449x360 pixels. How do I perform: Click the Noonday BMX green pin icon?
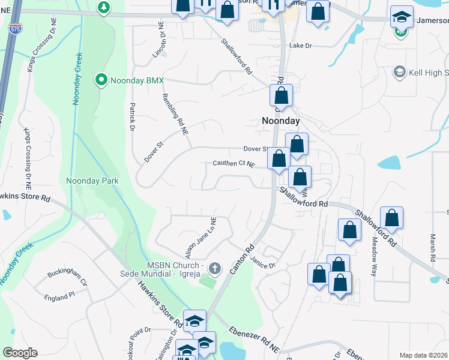click(101, 80)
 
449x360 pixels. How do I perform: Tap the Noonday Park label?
click(92, 181)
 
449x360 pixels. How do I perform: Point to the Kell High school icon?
click(399, 73)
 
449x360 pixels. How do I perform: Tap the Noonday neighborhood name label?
click(280, 121)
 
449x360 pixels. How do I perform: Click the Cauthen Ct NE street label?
click(234, 164)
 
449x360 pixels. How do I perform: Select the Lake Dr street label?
click(301, 46)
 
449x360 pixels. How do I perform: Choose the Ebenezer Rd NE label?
click(254, 339)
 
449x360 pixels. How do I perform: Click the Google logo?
click(20, 353)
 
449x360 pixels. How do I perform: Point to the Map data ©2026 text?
click(424, 355)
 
